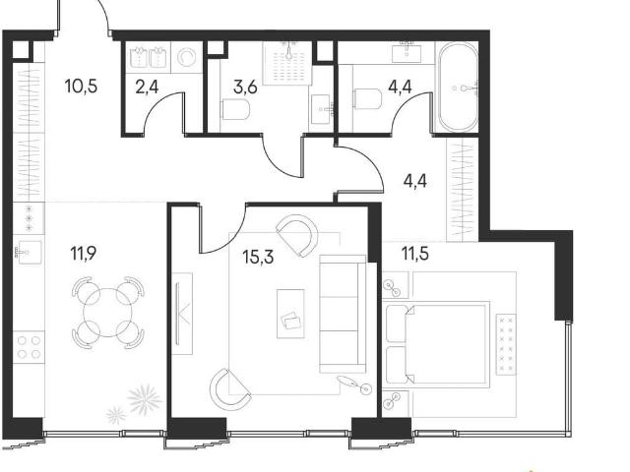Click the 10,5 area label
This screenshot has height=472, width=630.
[81, 87]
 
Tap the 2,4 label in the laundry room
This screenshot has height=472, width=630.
[147, 87]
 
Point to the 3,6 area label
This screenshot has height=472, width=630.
[245, 87]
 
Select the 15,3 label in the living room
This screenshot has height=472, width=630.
[258, 257]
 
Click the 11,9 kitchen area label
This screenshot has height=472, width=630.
[84, 254]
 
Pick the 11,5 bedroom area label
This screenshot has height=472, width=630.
[415, 254]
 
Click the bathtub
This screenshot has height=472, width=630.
[458, 87]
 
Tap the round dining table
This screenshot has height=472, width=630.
[107, 313]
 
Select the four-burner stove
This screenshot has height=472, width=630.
[29, 347]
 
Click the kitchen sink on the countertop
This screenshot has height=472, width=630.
[29, 253]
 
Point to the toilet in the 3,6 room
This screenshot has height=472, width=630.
[235, 110]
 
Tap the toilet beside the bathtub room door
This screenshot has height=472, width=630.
[367, 98]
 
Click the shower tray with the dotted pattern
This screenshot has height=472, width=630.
[287, 63]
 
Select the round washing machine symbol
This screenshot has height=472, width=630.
[186, 57]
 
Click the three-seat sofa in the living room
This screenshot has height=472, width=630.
[343, 314]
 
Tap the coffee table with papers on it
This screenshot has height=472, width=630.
[290, 314]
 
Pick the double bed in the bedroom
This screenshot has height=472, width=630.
[437, 344]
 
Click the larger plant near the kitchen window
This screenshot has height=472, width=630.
[145, 398]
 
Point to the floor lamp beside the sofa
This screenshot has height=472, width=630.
[355, 384]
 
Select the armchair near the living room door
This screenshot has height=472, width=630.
[297, 235]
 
